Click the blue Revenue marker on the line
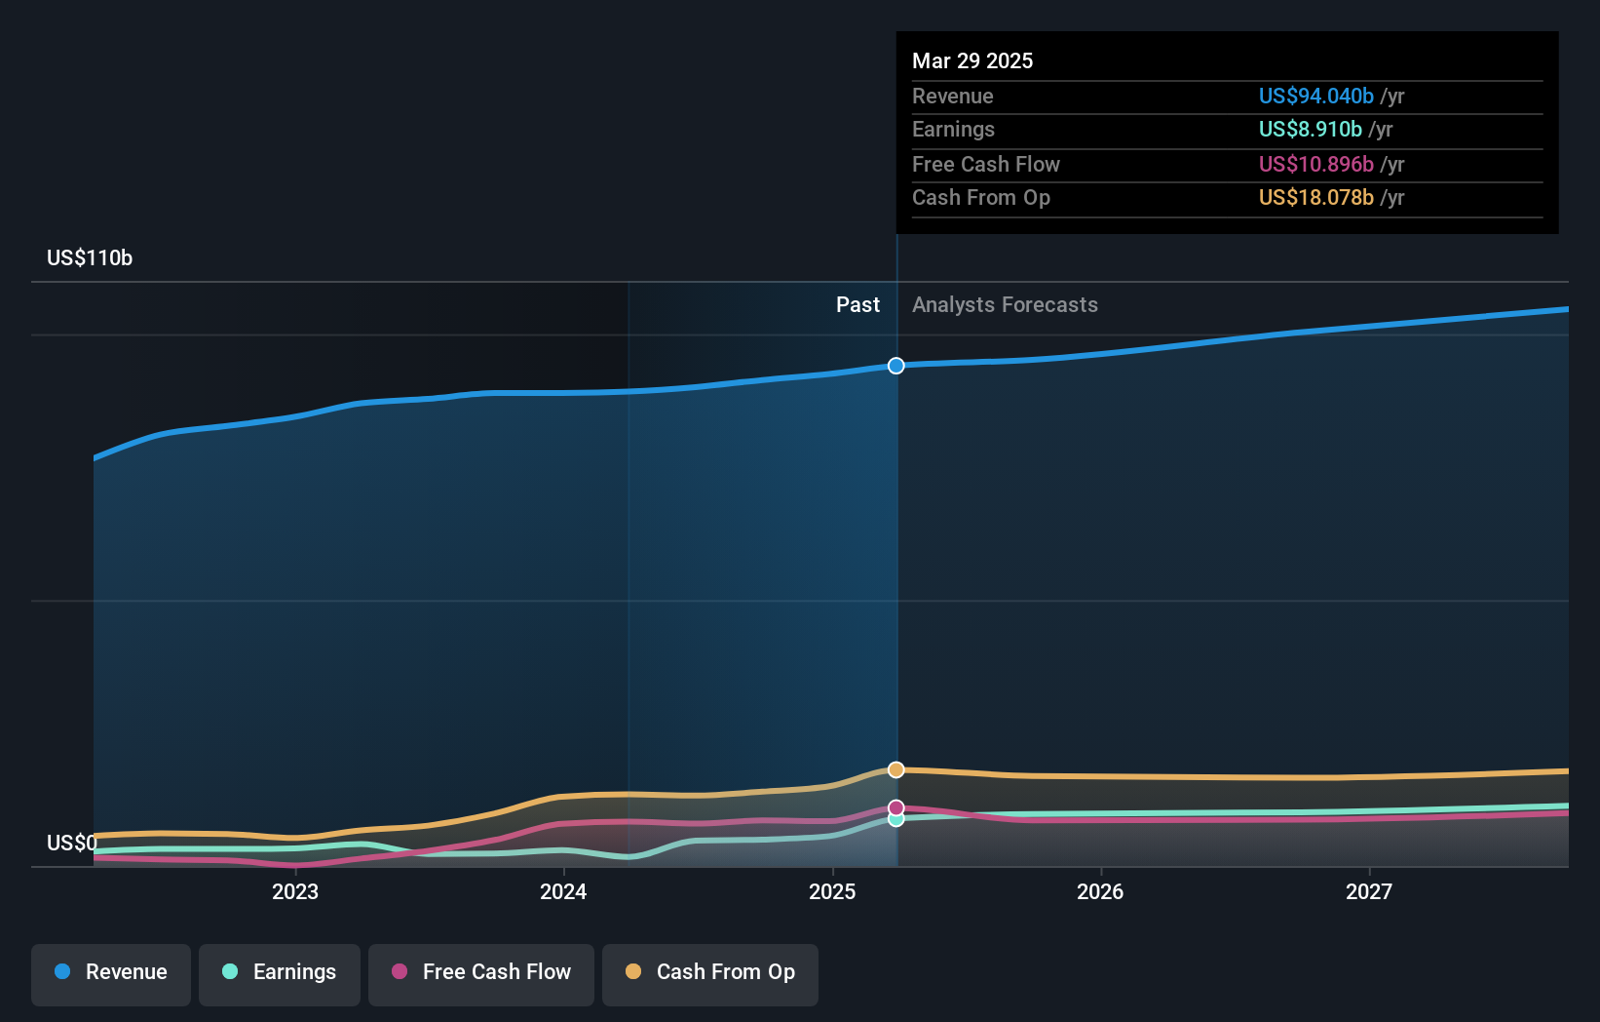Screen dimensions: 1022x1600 [x=896, y=366]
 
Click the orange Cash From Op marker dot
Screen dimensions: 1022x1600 [x=896, y=769]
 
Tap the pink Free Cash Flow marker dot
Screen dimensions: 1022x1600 [x=896, y=807]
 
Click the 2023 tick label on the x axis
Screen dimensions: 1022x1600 [x=295, y=891]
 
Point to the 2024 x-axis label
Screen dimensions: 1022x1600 [x=563, y=891]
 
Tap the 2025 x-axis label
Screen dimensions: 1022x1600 [x=832, y=891]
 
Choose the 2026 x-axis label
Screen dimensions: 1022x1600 [x=1100, y=891]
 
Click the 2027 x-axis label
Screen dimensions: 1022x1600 [x=1369, y=891]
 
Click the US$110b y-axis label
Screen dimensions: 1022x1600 [x=90, y=257]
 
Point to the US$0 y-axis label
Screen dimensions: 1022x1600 [x=72, y=843]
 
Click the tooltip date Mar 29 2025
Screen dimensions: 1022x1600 [x=972, y=60]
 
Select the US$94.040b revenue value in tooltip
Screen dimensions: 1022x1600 [x=1315, y=96]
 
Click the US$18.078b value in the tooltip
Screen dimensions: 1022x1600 [x=1315, y=197]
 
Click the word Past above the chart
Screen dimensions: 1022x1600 [x=857, y=304]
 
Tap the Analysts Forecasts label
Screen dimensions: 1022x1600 [x=1005, y=304]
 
